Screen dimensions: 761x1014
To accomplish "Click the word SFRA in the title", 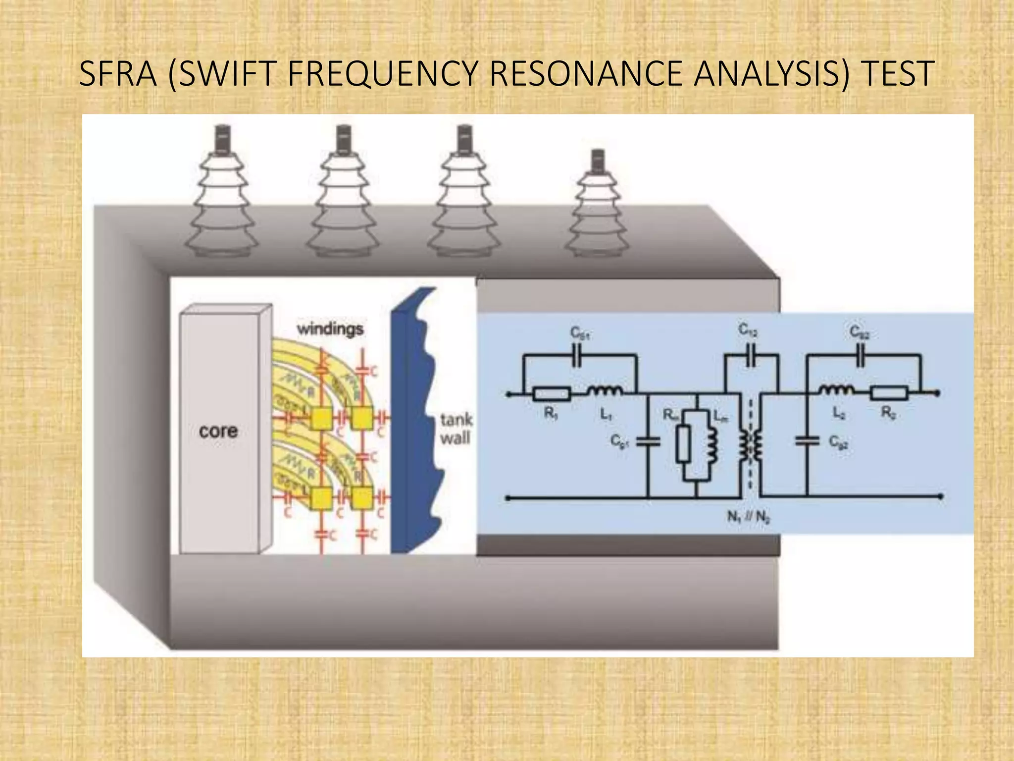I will (117, 74).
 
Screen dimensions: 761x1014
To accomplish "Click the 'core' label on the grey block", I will (218, 431).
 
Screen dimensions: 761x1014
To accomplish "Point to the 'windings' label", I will (330, 329).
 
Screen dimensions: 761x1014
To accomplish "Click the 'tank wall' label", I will (456, 429).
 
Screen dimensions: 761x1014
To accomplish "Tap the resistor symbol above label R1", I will (552, 394).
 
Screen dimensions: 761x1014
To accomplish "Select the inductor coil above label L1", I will (605, 392).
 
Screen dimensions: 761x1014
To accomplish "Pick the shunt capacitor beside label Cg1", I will (648, 441).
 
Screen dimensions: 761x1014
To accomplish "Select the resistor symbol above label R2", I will (889, 394).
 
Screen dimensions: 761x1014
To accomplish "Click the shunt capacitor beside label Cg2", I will (807, 441).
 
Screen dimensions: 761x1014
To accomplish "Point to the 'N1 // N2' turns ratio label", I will (748, 517).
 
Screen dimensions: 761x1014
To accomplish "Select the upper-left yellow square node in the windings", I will (321, 420).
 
